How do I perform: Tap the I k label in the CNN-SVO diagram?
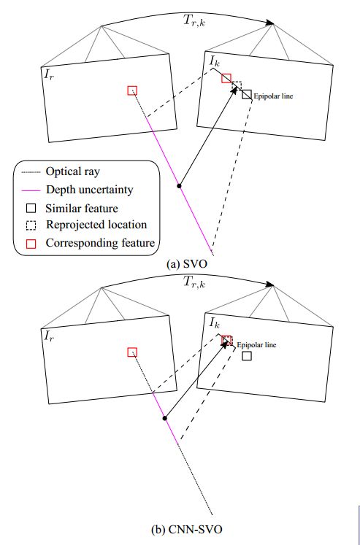click(x=214, y=324)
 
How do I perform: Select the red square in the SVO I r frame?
click(x=132, y=90)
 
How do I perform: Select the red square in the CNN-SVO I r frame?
click(x=132, y=352)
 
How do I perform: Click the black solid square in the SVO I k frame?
click(x=247, y=94)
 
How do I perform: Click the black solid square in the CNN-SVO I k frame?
click(x=247, y=356)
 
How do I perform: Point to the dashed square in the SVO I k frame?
click(x=237, y=85)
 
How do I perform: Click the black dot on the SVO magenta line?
click(x=179, y=186)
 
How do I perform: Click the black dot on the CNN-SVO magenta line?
click(x=165, y=418)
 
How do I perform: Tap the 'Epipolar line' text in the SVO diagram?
click(x=273, y=96)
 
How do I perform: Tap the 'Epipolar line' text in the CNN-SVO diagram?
click(x=256, y=345)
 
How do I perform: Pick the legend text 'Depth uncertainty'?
click(x=89, y=190)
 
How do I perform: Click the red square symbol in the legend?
click(x=31, y=244)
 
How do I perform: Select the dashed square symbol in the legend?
click(x=31, y=225)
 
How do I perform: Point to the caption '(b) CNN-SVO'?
click(x=187, y=530)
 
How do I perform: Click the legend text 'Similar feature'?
click(x=82, y=209)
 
